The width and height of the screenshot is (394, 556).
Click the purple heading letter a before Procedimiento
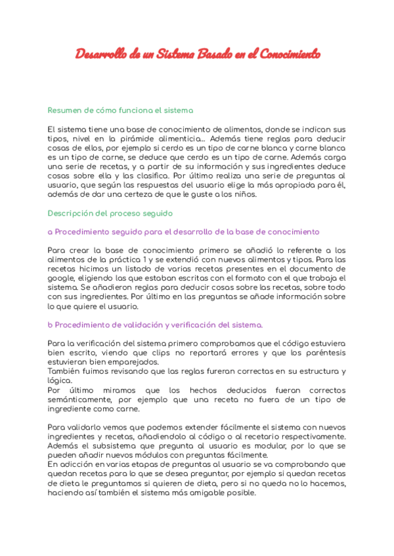pyautogui.click(x=50, y=231)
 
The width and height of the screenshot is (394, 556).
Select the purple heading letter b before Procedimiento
pyautogui.click(x=50, y=325)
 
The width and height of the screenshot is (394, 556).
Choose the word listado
pyautogui.click(x=133, y=269)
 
